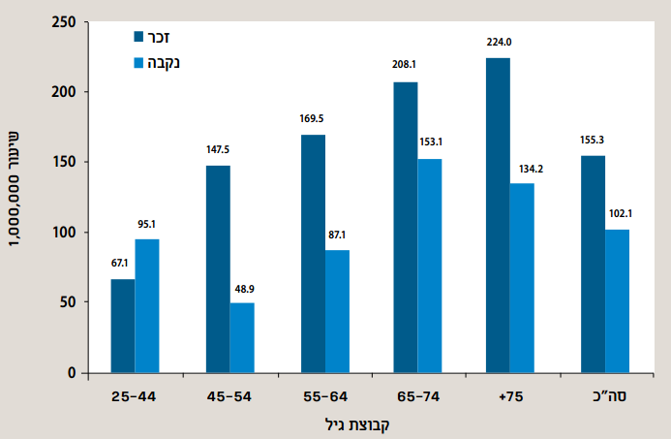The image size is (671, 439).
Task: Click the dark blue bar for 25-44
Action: click(x=123, y=326)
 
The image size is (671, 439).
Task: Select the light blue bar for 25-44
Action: click(x=147, y=305)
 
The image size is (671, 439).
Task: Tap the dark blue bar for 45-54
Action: click(x=218, y=269)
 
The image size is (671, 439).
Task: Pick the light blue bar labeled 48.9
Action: click(x=242, y=337)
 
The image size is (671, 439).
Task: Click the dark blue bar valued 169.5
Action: click(x=313, y=254)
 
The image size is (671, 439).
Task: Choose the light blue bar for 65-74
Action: click(x=430, y=266)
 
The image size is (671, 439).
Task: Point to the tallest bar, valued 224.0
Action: click(x=498, y=215)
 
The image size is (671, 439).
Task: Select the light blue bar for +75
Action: click(x=522, y=278)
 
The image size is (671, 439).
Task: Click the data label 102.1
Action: click(x=618, y=214)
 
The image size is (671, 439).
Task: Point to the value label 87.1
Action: click(x=337, y=235)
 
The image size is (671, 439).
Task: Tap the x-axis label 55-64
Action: click(x=324, y=396)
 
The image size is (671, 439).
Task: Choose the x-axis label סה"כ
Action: click(x=605, y=396)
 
